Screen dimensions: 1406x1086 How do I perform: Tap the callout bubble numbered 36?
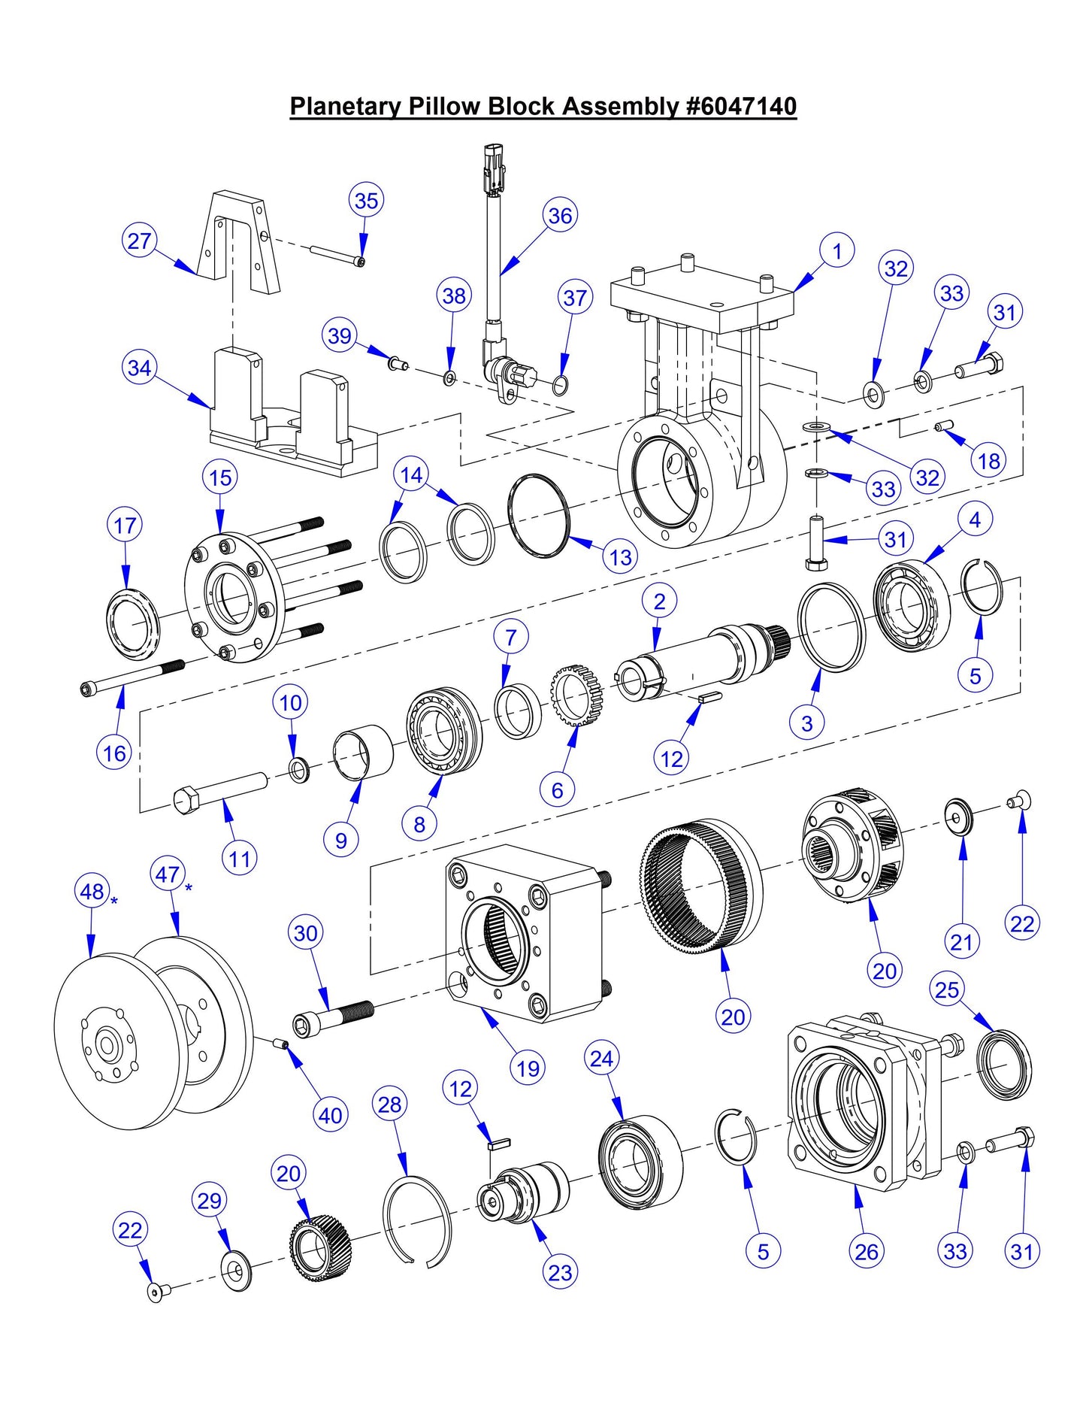click(560, 217)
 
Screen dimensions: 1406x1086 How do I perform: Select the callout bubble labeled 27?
click(140, 241)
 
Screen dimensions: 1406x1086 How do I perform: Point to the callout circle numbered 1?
click(837, 250)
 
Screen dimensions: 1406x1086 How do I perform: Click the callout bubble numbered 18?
click(989, 461)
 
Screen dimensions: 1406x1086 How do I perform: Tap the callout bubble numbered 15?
click(220, 478)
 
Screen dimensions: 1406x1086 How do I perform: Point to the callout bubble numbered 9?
click(341, 840)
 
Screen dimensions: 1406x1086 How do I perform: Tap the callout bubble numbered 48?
click(92, 892)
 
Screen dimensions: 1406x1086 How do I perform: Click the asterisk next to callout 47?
click(189, 888)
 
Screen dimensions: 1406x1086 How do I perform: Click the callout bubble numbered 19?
click(528, 1068)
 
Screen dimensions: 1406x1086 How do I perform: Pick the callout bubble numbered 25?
click(947, 989)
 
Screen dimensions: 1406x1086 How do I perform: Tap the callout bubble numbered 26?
click(867, 1251)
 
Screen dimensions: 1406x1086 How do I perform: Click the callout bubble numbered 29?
click(209, 1201)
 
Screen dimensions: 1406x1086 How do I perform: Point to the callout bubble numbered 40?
click(331, 1116)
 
